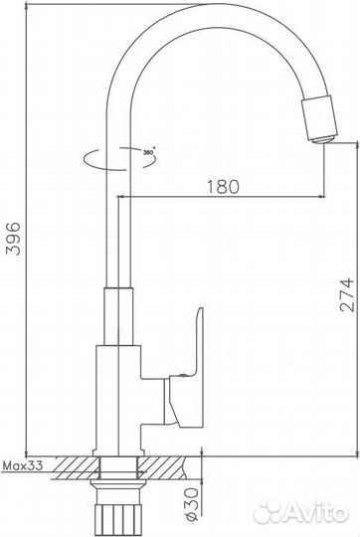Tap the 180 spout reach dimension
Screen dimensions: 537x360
pyautogui.click(x=224, y=185)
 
